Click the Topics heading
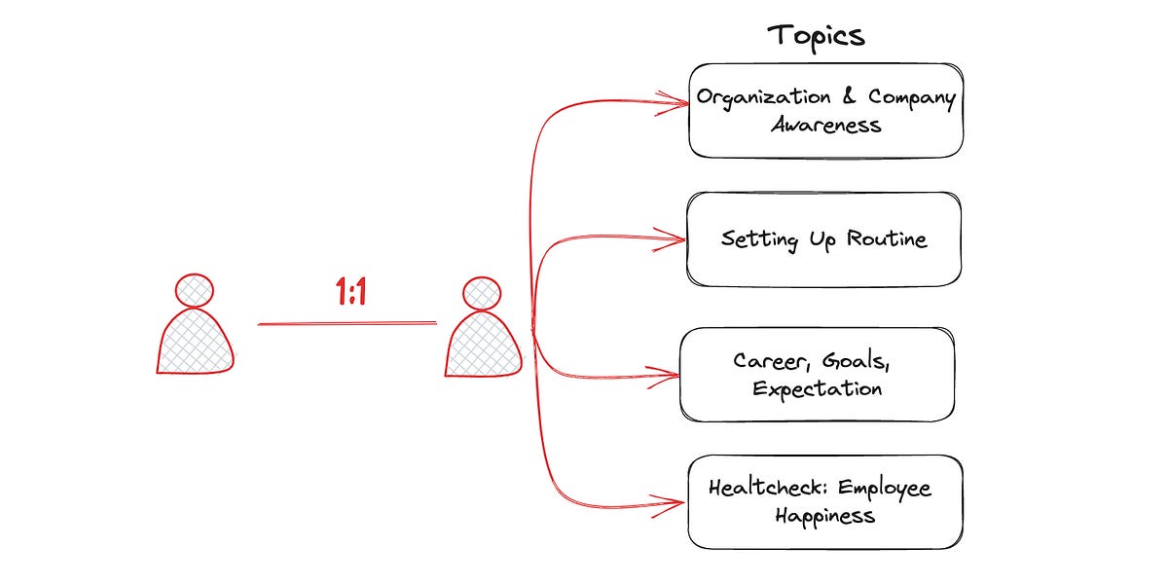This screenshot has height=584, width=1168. click(x=816, y=36)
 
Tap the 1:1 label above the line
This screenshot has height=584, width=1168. click(x=351, y=292)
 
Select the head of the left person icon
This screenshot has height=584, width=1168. click(x=195, y=290)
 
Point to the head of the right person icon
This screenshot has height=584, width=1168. click(x=481, y=293)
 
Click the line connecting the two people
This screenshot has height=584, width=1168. click(x=347, y=323)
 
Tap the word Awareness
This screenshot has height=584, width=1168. click(x=826, y=125)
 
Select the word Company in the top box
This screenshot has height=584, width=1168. click(x=911, y=97)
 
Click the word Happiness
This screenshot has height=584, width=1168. click(x=825, y=515)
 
